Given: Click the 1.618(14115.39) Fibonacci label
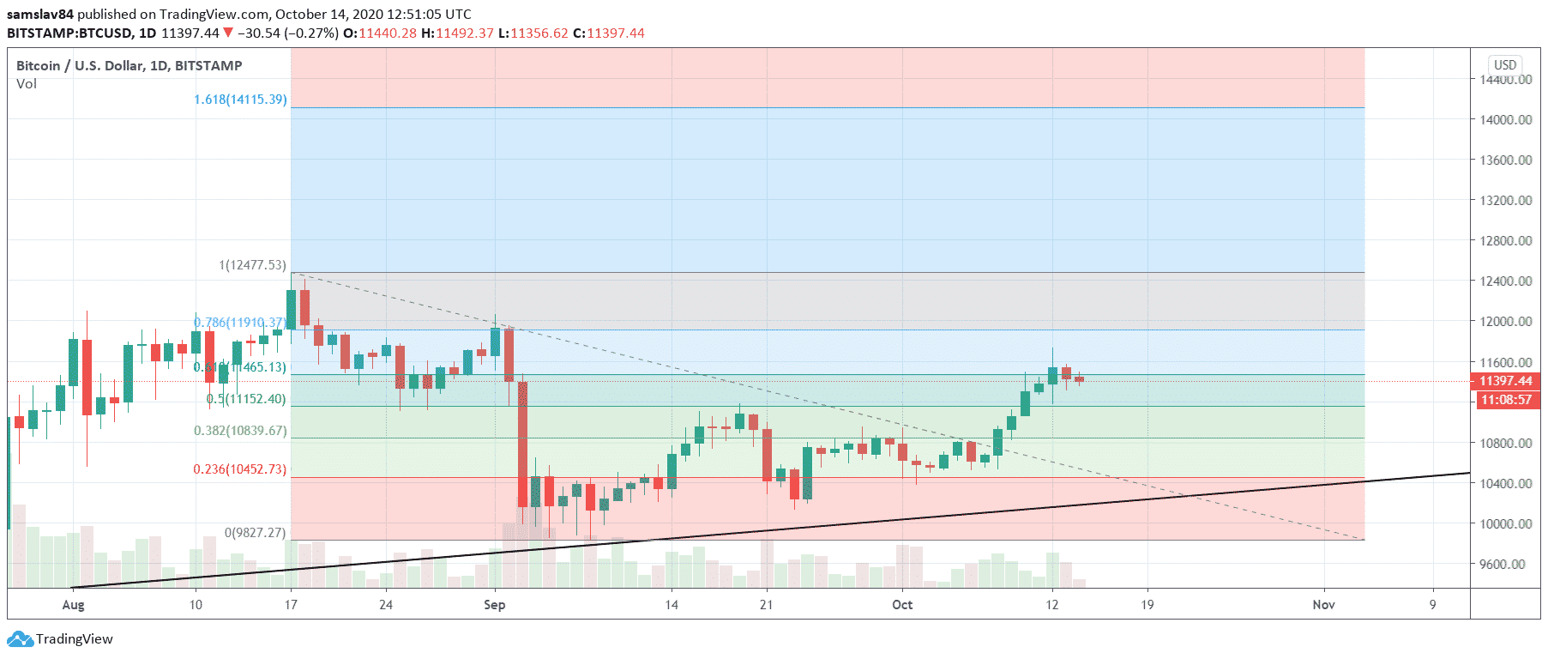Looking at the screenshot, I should point(240,100).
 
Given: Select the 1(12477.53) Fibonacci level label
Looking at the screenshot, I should point(252,265).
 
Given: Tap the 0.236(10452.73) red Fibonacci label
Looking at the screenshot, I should point(239,469).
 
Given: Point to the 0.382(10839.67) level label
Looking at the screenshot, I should point(240,431).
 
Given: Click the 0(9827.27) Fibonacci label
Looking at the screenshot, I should point(255,533).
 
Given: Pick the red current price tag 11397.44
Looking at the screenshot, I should point(1505,381).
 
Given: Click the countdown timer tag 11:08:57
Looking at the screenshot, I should point(1505,400).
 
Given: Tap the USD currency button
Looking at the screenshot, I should point(1505,65).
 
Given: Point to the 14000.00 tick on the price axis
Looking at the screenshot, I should point(1505,120).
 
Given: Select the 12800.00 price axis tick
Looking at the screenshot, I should point(1505,241).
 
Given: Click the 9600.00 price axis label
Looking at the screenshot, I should point(1507,565).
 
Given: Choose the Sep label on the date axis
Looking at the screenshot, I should point(495,605).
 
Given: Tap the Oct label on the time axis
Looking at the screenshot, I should point(902,605).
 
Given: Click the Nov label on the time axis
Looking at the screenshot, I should point(1323,605).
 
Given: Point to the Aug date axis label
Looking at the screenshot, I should point(74,605).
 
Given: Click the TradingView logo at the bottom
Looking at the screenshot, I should point(60,639).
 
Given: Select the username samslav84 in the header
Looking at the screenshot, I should point(40,15).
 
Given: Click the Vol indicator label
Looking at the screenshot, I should point(27,84).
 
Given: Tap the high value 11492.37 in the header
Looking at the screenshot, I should point(465,33).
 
